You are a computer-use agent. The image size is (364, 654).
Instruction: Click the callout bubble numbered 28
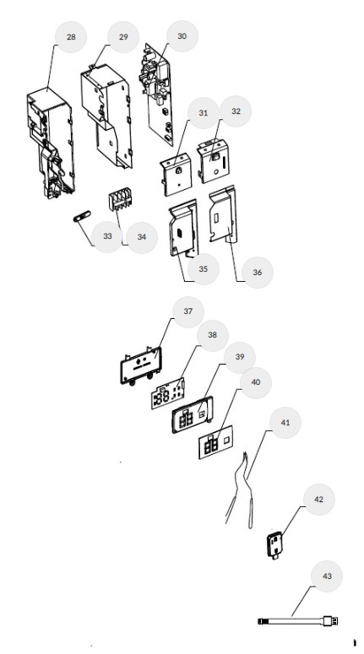coord(71,37)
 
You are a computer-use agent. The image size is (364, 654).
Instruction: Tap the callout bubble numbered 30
coord(182,36)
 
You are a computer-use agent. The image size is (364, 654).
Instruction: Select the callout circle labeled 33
coord(107,236)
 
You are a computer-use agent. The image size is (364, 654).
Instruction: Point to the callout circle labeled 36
coord(257,273)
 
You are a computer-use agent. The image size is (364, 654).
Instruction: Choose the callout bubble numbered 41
coord(285,423)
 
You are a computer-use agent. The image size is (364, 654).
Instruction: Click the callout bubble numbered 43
coord(327,576)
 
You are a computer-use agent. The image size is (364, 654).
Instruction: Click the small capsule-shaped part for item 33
coord(82,217)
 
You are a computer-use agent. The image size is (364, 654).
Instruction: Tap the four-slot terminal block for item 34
coord(118,201)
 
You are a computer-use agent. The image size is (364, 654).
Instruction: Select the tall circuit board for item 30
coord(158,94)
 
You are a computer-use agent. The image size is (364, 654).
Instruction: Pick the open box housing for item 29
coord(106,115)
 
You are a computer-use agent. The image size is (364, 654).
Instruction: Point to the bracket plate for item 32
coord(214,160)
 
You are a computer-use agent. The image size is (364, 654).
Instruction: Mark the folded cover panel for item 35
coord(182,228)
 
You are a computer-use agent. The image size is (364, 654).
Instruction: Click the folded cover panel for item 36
coord(222,214)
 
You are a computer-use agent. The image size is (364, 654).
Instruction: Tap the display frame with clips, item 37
coord(141,365)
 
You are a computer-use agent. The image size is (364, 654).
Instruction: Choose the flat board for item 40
coord(216,442)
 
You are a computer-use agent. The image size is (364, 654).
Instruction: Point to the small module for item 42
coord(274,545)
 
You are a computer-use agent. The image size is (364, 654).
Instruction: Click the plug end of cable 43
coord(330,621)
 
